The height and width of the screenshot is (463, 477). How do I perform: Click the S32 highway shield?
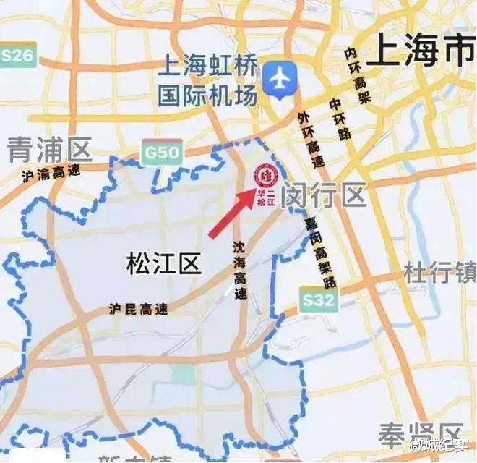pos(318,300)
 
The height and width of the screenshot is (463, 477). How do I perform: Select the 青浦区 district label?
pos(49,150)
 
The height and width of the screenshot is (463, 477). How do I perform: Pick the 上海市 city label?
pos(421,51)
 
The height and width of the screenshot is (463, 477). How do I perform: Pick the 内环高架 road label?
pos(357,75)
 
